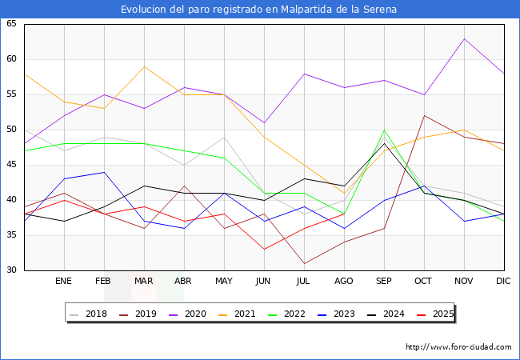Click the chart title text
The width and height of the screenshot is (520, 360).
[x=259, y=10]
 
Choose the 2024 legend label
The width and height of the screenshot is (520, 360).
[x=388, y=314]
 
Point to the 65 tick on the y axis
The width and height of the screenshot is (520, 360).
[x=12, y=24]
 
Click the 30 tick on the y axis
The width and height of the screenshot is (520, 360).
[x=12, y=270]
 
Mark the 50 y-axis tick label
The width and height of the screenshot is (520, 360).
[x=12, y=130]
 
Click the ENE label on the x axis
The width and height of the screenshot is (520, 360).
[x=64, y=282]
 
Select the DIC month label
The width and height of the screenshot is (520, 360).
[x=503, y=282]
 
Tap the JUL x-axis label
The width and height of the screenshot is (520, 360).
[x=304, y=282]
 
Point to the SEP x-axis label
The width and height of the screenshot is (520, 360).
[x=384, y=282]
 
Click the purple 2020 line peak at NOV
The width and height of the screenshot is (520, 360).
[x=464, y=38]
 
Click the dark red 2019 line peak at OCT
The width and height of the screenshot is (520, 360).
[x=424, y=115]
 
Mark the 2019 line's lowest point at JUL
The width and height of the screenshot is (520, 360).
[x=304, y=263]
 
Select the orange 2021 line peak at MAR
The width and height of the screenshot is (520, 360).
[x=144, y=66]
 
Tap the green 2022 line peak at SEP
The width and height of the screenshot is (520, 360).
[x=384, y=130]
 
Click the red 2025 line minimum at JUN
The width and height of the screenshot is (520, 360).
[x=264, y=249]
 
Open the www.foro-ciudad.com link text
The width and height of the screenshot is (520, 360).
[x=458, y=347]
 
